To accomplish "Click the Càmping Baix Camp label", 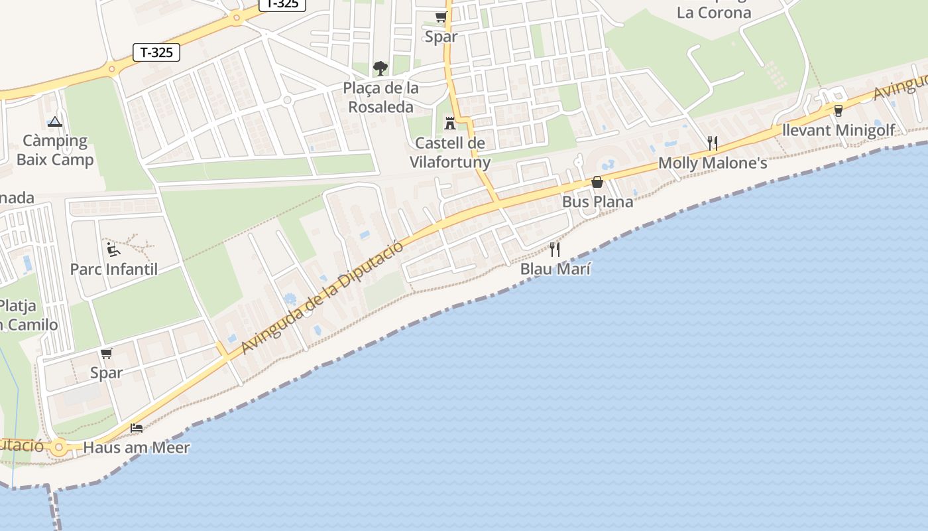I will [x=55, y=150].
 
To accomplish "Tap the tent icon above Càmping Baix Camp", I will [x=55, y=121].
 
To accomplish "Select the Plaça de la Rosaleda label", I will [x=381, y=98].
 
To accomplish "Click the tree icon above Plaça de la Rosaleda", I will [x=380, y=68].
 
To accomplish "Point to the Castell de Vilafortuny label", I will [x=450, y=153].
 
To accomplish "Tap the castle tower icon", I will [x=450, y=123].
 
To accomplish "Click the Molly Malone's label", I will [x=713, y=163].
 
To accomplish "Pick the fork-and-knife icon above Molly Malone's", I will [x=713, y=143].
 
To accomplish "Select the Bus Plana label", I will [x=597, y=202].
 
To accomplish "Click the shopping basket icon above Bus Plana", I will [x=597, y=182].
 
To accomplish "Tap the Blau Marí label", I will [x=555, y=269].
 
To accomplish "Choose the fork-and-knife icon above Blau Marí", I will [x=555, y=250].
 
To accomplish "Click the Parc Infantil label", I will [x=114, y=269].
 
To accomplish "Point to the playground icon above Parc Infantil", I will [x=113, y=250].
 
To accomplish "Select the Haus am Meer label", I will [x=137, y=447].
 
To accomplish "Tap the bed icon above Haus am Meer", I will [x=137, y=427].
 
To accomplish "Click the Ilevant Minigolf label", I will [x=839, y=130].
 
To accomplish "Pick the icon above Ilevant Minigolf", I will [x=839, y=110].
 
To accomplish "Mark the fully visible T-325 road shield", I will [x=156, y=52].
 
